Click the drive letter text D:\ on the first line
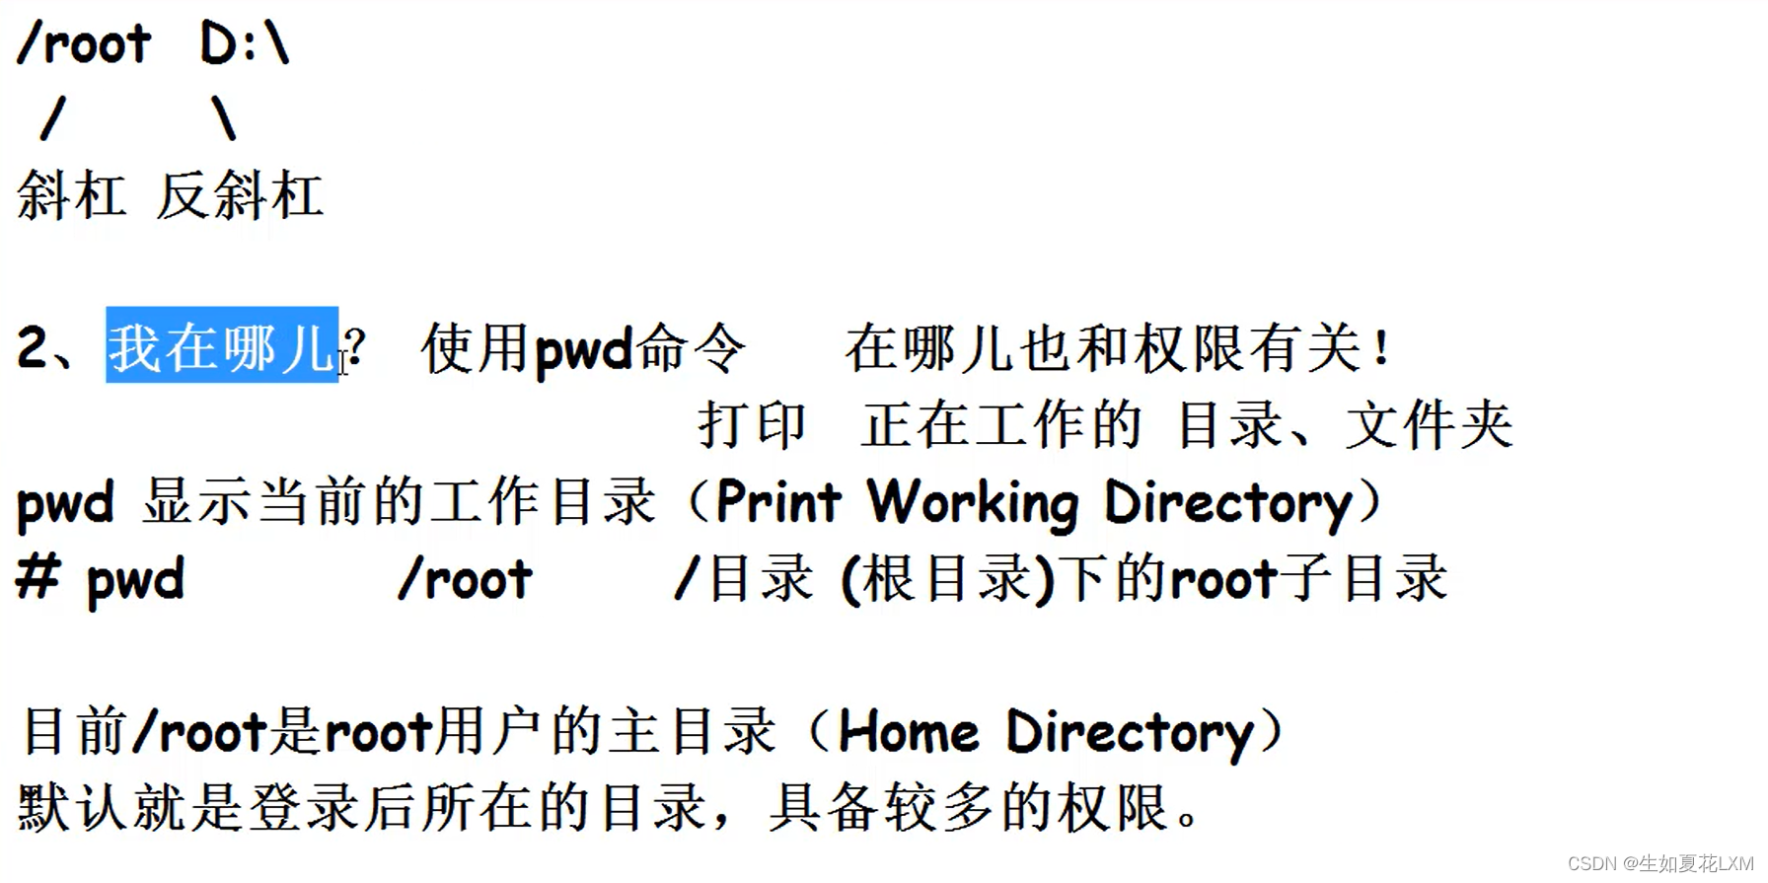(x=244, y=44)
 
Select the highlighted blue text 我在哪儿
(x=222, y=346)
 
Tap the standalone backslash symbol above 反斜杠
(x=224, y=119)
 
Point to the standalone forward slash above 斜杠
(x=53, y=119)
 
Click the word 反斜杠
(x=240, y=195)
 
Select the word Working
(x=972, y=503)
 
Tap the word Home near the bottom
(x=908, y=732)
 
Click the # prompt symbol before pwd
(x=38, y=576)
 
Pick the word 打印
(x=753, y=425)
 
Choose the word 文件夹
(x=1429, y=425)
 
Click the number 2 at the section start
(x=32, y=348)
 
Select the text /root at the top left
(x=84, y=44)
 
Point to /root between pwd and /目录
(x=465, y=578)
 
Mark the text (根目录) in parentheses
(x=948, y=578)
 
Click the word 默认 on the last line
(x=73, y=808)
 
